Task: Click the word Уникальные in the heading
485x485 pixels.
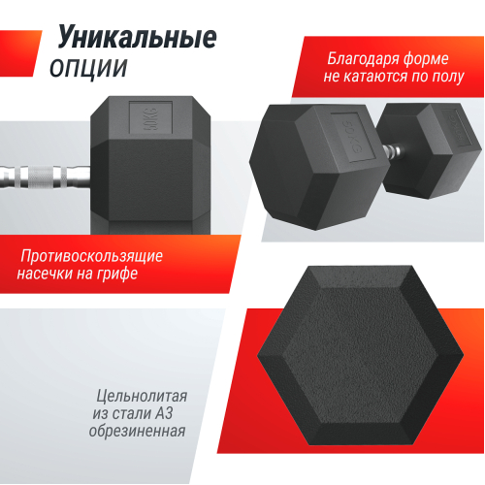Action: tap(137, 38)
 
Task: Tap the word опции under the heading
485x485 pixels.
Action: tap(88, 68)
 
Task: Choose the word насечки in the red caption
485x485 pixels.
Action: tap(54, 275)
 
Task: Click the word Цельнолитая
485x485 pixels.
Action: tap(142, 396)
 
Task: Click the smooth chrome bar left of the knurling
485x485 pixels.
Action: tap(12, 179)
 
